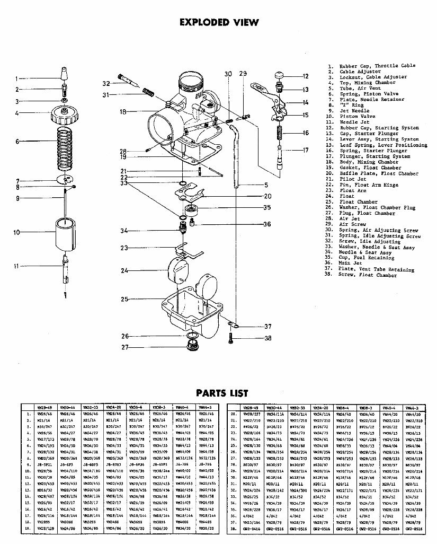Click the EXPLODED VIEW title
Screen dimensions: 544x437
tap(219, 22)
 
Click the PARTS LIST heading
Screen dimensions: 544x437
tap(222, 393)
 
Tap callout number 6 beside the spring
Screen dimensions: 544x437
tap(17, 142)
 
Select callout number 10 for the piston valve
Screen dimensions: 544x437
tap(17, 232)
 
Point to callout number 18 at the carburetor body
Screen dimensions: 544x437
tap(123, 112)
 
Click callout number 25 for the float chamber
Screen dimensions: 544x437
tap(124, 300)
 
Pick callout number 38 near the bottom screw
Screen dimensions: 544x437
tap(267, 338)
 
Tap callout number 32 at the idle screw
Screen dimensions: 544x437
tap(106, 83)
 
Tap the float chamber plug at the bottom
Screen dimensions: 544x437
tap(191, 348)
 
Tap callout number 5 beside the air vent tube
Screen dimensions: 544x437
tap(266, 185)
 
